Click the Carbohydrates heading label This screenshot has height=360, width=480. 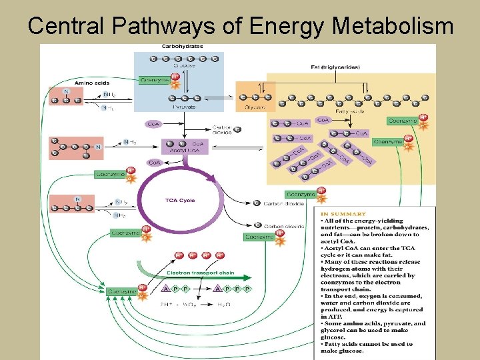[x=182, y=47]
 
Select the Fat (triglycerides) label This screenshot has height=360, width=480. [x=335, y=67]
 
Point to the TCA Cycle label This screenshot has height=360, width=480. [x=180, y=201]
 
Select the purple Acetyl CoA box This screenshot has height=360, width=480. [x=183, y=146]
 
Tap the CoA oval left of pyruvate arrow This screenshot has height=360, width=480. [x=154, y=123]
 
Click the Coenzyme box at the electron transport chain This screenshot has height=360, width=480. [x=122, y=291]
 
